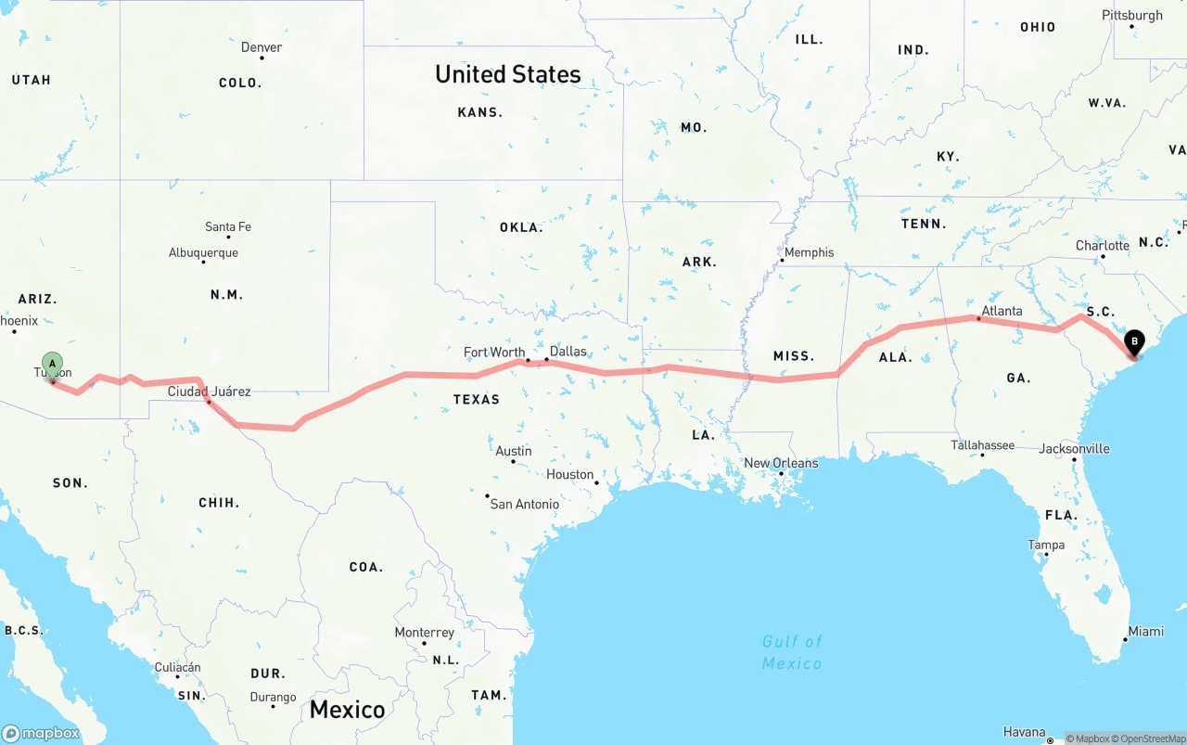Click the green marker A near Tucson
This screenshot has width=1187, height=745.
[53, 363]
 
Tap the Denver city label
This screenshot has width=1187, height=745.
[262, 47]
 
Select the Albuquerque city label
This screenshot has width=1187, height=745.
[203, 252]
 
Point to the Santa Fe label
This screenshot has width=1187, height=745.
[228, 226]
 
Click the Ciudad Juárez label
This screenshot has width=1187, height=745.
[209, 392]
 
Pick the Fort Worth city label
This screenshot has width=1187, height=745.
[494, 353]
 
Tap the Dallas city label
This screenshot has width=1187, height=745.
[568, 351]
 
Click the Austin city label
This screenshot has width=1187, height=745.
[514, 451]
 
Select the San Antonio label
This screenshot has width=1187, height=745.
[525, 504]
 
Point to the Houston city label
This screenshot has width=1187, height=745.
[569, 474]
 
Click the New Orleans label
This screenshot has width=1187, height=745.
[781, 463]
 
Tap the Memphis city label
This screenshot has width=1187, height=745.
[809, 252]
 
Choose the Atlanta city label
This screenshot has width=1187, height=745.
[1002, 311]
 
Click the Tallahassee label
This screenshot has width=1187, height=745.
[982, 445]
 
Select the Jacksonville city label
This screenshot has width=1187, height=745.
[1074, 449]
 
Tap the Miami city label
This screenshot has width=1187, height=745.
[1145, 632]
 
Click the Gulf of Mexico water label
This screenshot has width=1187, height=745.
[792, 652]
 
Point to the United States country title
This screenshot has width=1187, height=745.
[508, 74]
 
